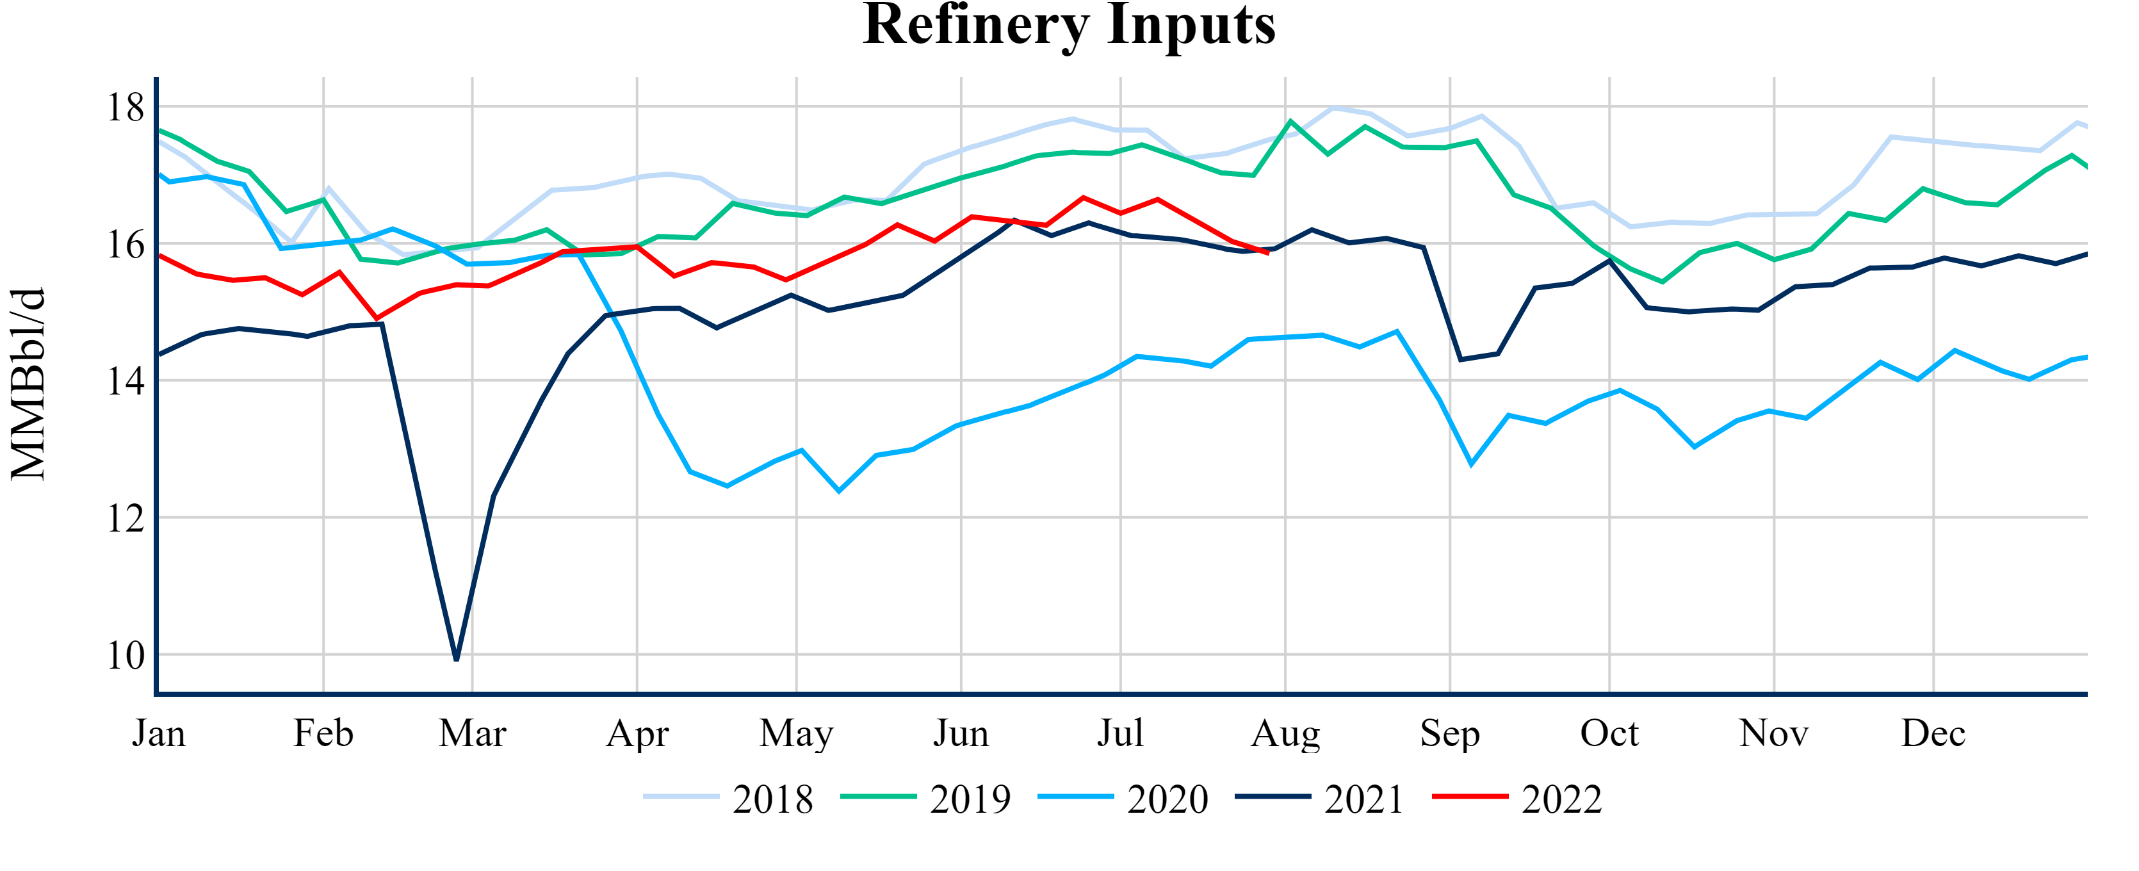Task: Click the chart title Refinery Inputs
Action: [1069, 25]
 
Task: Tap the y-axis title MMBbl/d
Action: [28, 384]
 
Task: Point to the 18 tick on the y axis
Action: [126, 107]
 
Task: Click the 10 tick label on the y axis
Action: [126, 656]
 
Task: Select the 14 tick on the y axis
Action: [126, 381]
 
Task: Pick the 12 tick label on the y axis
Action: [126, 519]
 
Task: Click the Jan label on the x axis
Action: [159, 733]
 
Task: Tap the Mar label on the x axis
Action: [473, 733]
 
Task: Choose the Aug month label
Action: [1285, 733]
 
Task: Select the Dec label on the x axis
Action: [1933, 733]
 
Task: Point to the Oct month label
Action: [1609, 733]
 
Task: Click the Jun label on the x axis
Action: [961, 733]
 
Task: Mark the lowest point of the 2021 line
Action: [457, 659]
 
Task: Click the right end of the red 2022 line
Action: [1268, 253]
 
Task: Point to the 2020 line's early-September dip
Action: [1472, 463]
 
